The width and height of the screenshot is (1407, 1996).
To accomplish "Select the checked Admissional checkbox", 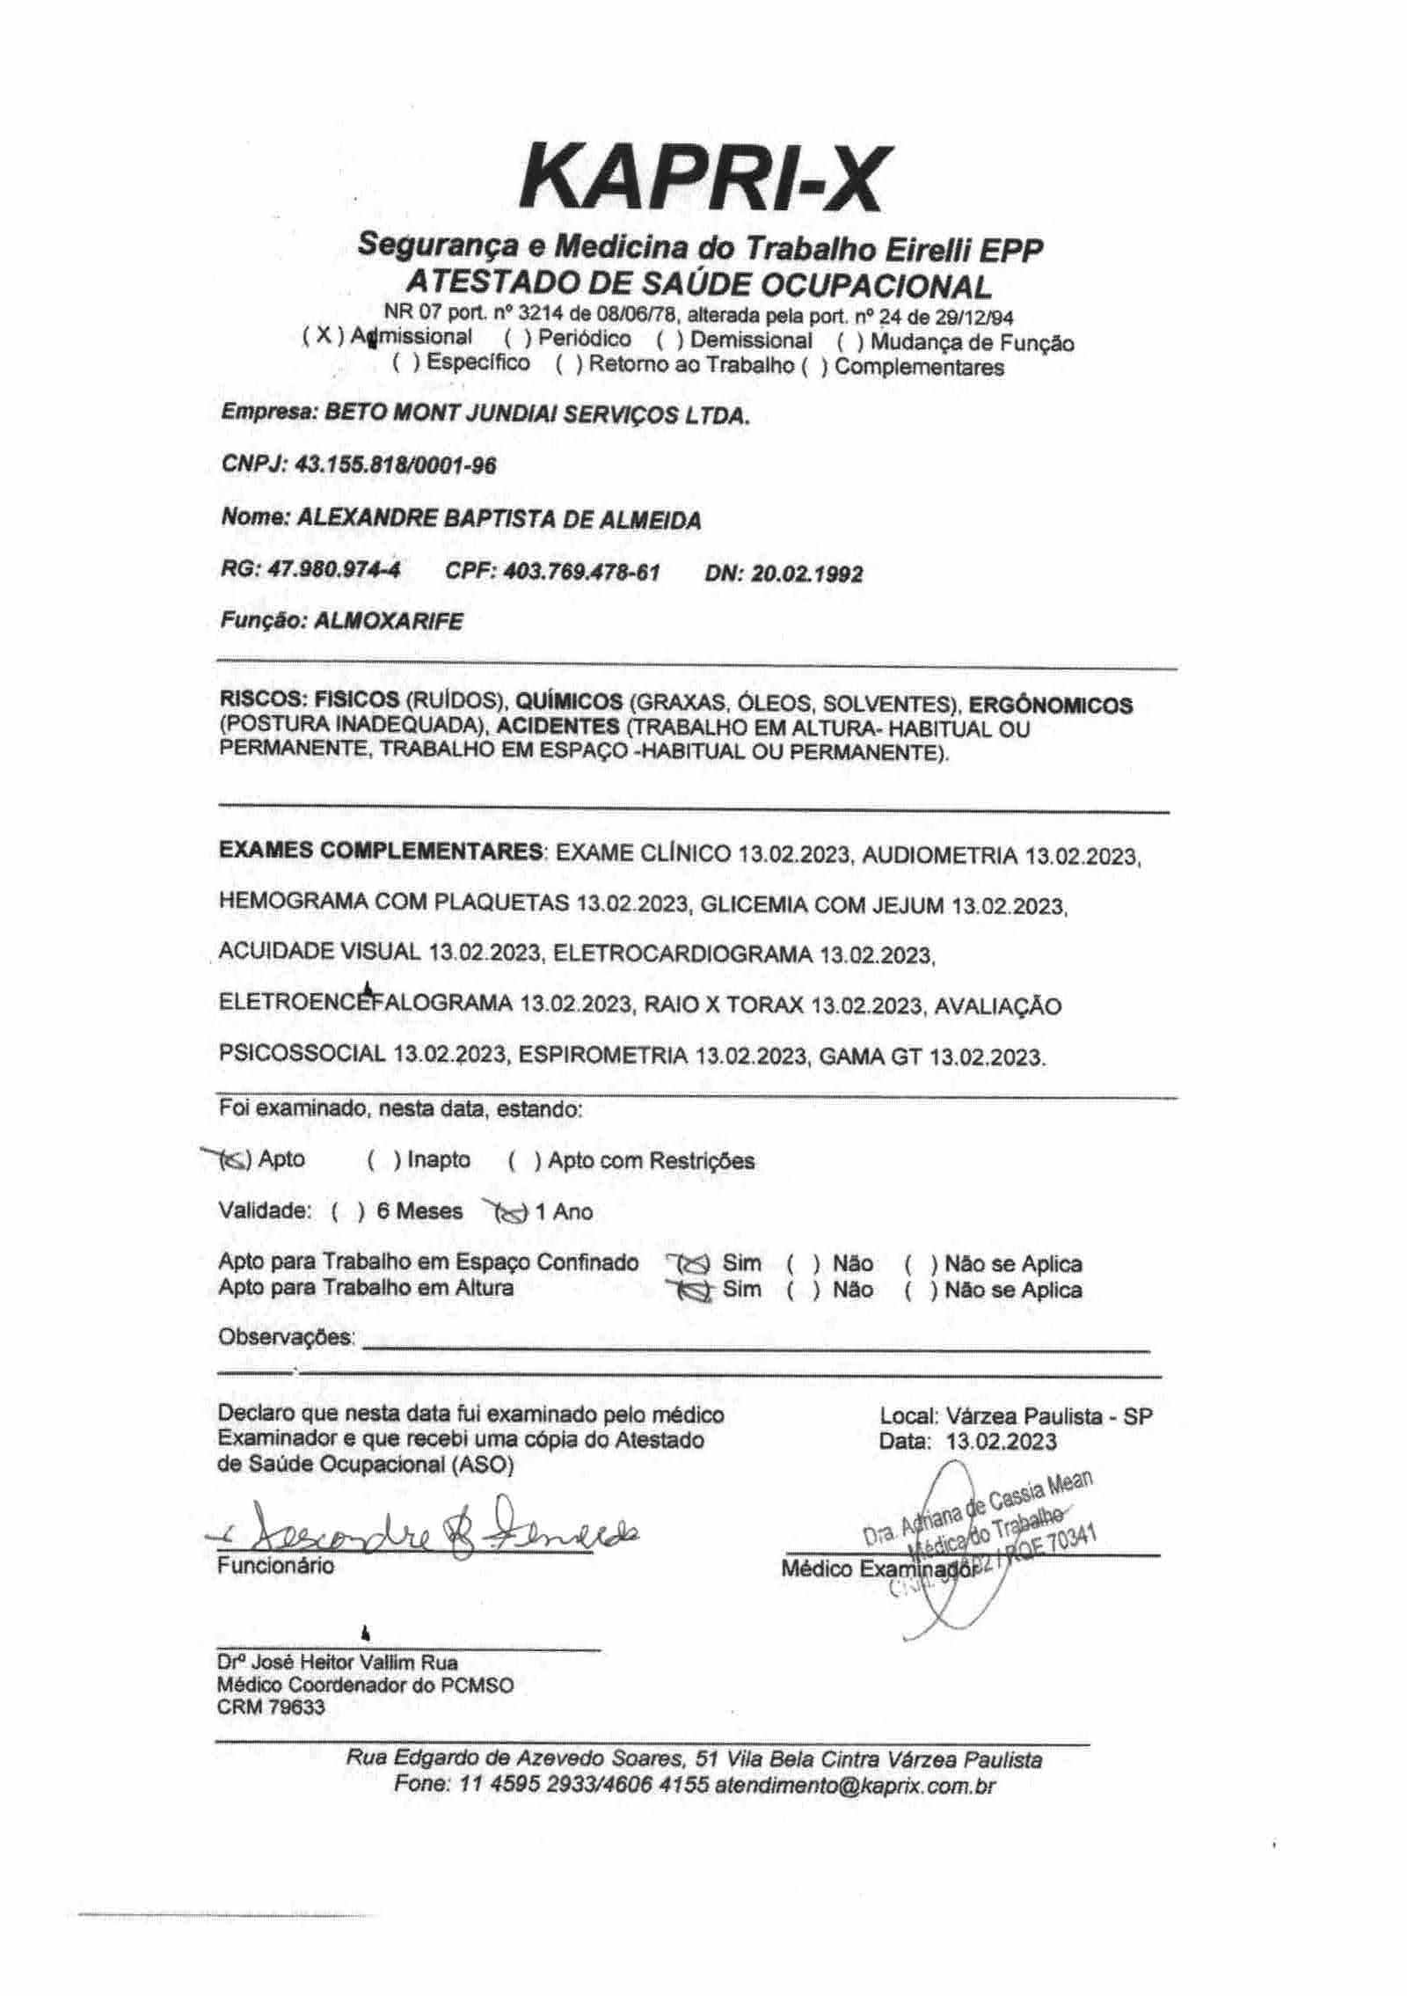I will click(322, 337).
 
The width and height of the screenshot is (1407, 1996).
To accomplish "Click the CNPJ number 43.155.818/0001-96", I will click(396, 464).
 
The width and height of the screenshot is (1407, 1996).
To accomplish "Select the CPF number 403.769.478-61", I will click(580, 572).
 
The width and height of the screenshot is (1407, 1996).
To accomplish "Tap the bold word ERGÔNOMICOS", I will click(1051, 704).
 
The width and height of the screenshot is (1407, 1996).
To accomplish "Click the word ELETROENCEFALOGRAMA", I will click(365, 1004).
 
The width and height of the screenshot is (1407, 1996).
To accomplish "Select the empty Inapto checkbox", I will click(383, 1161).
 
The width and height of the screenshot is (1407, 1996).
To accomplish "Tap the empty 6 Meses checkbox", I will click(348, 1211).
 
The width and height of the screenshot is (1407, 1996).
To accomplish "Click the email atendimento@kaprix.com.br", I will click(854, 1786).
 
